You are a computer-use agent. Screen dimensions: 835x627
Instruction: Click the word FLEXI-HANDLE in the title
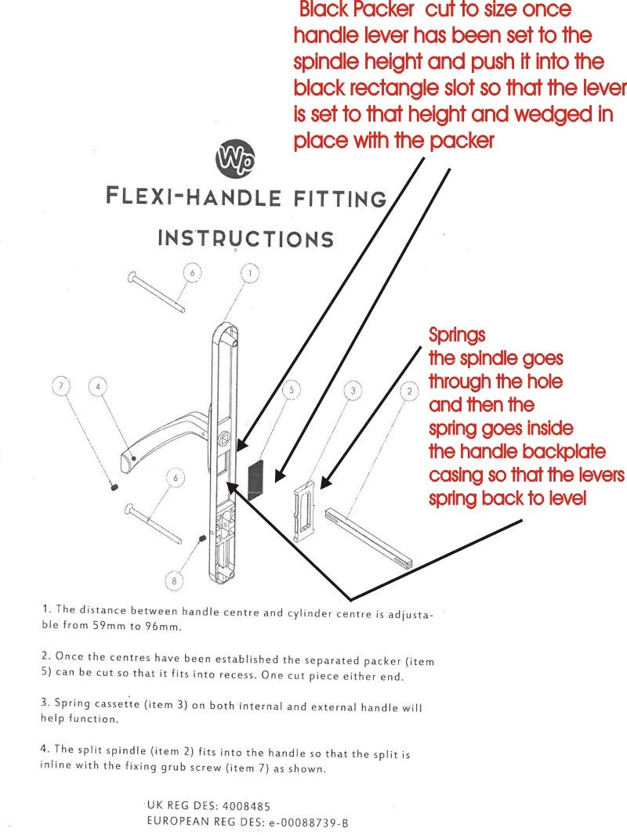click(192, 196)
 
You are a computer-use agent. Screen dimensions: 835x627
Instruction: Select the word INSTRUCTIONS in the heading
click(245, 238)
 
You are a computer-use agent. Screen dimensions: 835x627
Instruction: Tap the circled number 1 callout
click(249, 273)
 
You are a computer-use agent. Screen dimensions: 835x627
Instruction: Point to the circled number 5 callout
click(290, 389)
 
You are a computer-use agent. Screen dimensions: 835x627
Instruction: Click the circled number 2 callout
click(408, 389)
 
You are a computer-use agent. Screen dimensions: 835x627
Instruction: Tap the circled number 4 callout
click(97, 386)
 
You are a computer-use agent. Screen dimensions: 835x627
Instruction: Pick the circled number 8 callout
click(176, 580)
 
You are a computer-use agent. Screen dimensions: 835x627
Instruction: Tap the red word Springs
click(457, 335)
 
